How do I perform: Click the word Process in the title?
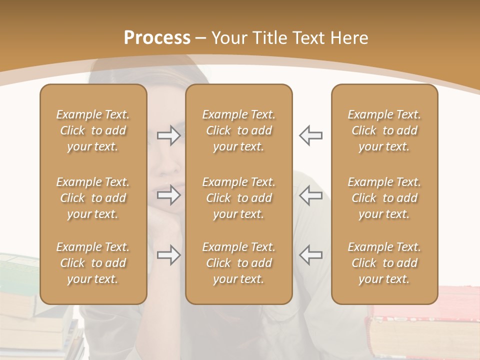(x=157, y=38)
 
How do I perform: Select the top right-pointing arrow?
(x=169, y=135)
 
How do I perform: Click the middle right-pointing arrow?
(x=169, y=195)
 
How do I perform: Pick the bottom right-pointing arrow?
(x=169, y=255)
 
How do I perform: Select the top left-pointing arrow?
(x=310, y=135)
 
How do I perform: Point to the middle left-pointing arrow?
(x=310, y=195)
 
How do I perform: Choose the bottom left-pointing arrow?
(x=310, y=255)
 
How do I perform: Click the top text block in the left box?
(x=93, y=130)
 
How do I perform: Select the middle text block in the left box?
(x=93, y=198)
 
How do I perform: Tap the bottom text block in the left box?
(x=93, y=263)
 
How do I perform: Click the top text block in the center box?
(x=238, y=130)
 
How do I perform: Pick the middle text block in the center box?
(x=238, y=198)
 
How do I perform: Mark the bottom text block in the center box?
(x=238, y=263)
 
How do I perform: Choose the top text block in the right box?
(x=384, y=130)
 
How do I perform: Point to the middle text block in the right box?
(x=384, y=198)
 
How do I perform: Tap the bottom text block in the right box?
(x=384, y=263)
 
